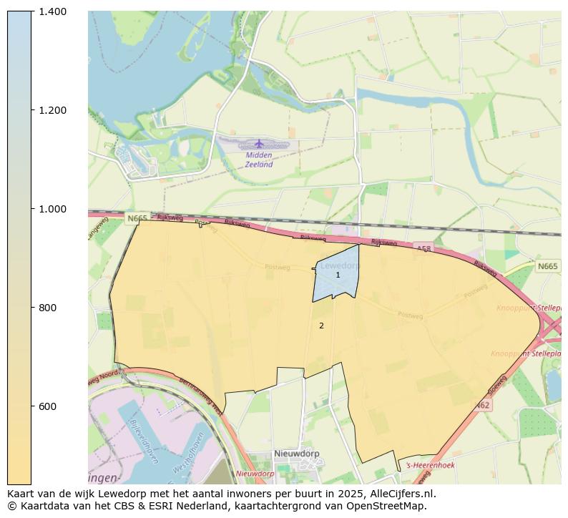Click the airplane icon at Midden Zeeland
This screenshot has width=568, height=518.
[259, 144]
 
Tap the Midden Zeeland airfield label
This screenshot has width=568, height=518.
[259, 160]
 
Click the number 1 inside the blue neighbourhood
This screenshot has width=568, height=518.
[338, 275]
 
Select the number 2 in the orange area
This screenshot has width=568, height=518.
[321, 326]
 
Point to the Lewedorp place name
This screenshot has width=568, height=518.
[340, 265]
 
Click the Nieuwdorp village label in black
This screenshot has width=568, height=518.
[296, 454]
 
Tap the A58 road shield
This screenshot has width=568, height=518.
[423, 248]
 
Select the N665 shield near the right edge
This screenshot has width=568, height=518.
[547, 266]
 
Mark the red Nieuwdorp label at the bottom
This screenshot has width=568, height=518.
[255, 474]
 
